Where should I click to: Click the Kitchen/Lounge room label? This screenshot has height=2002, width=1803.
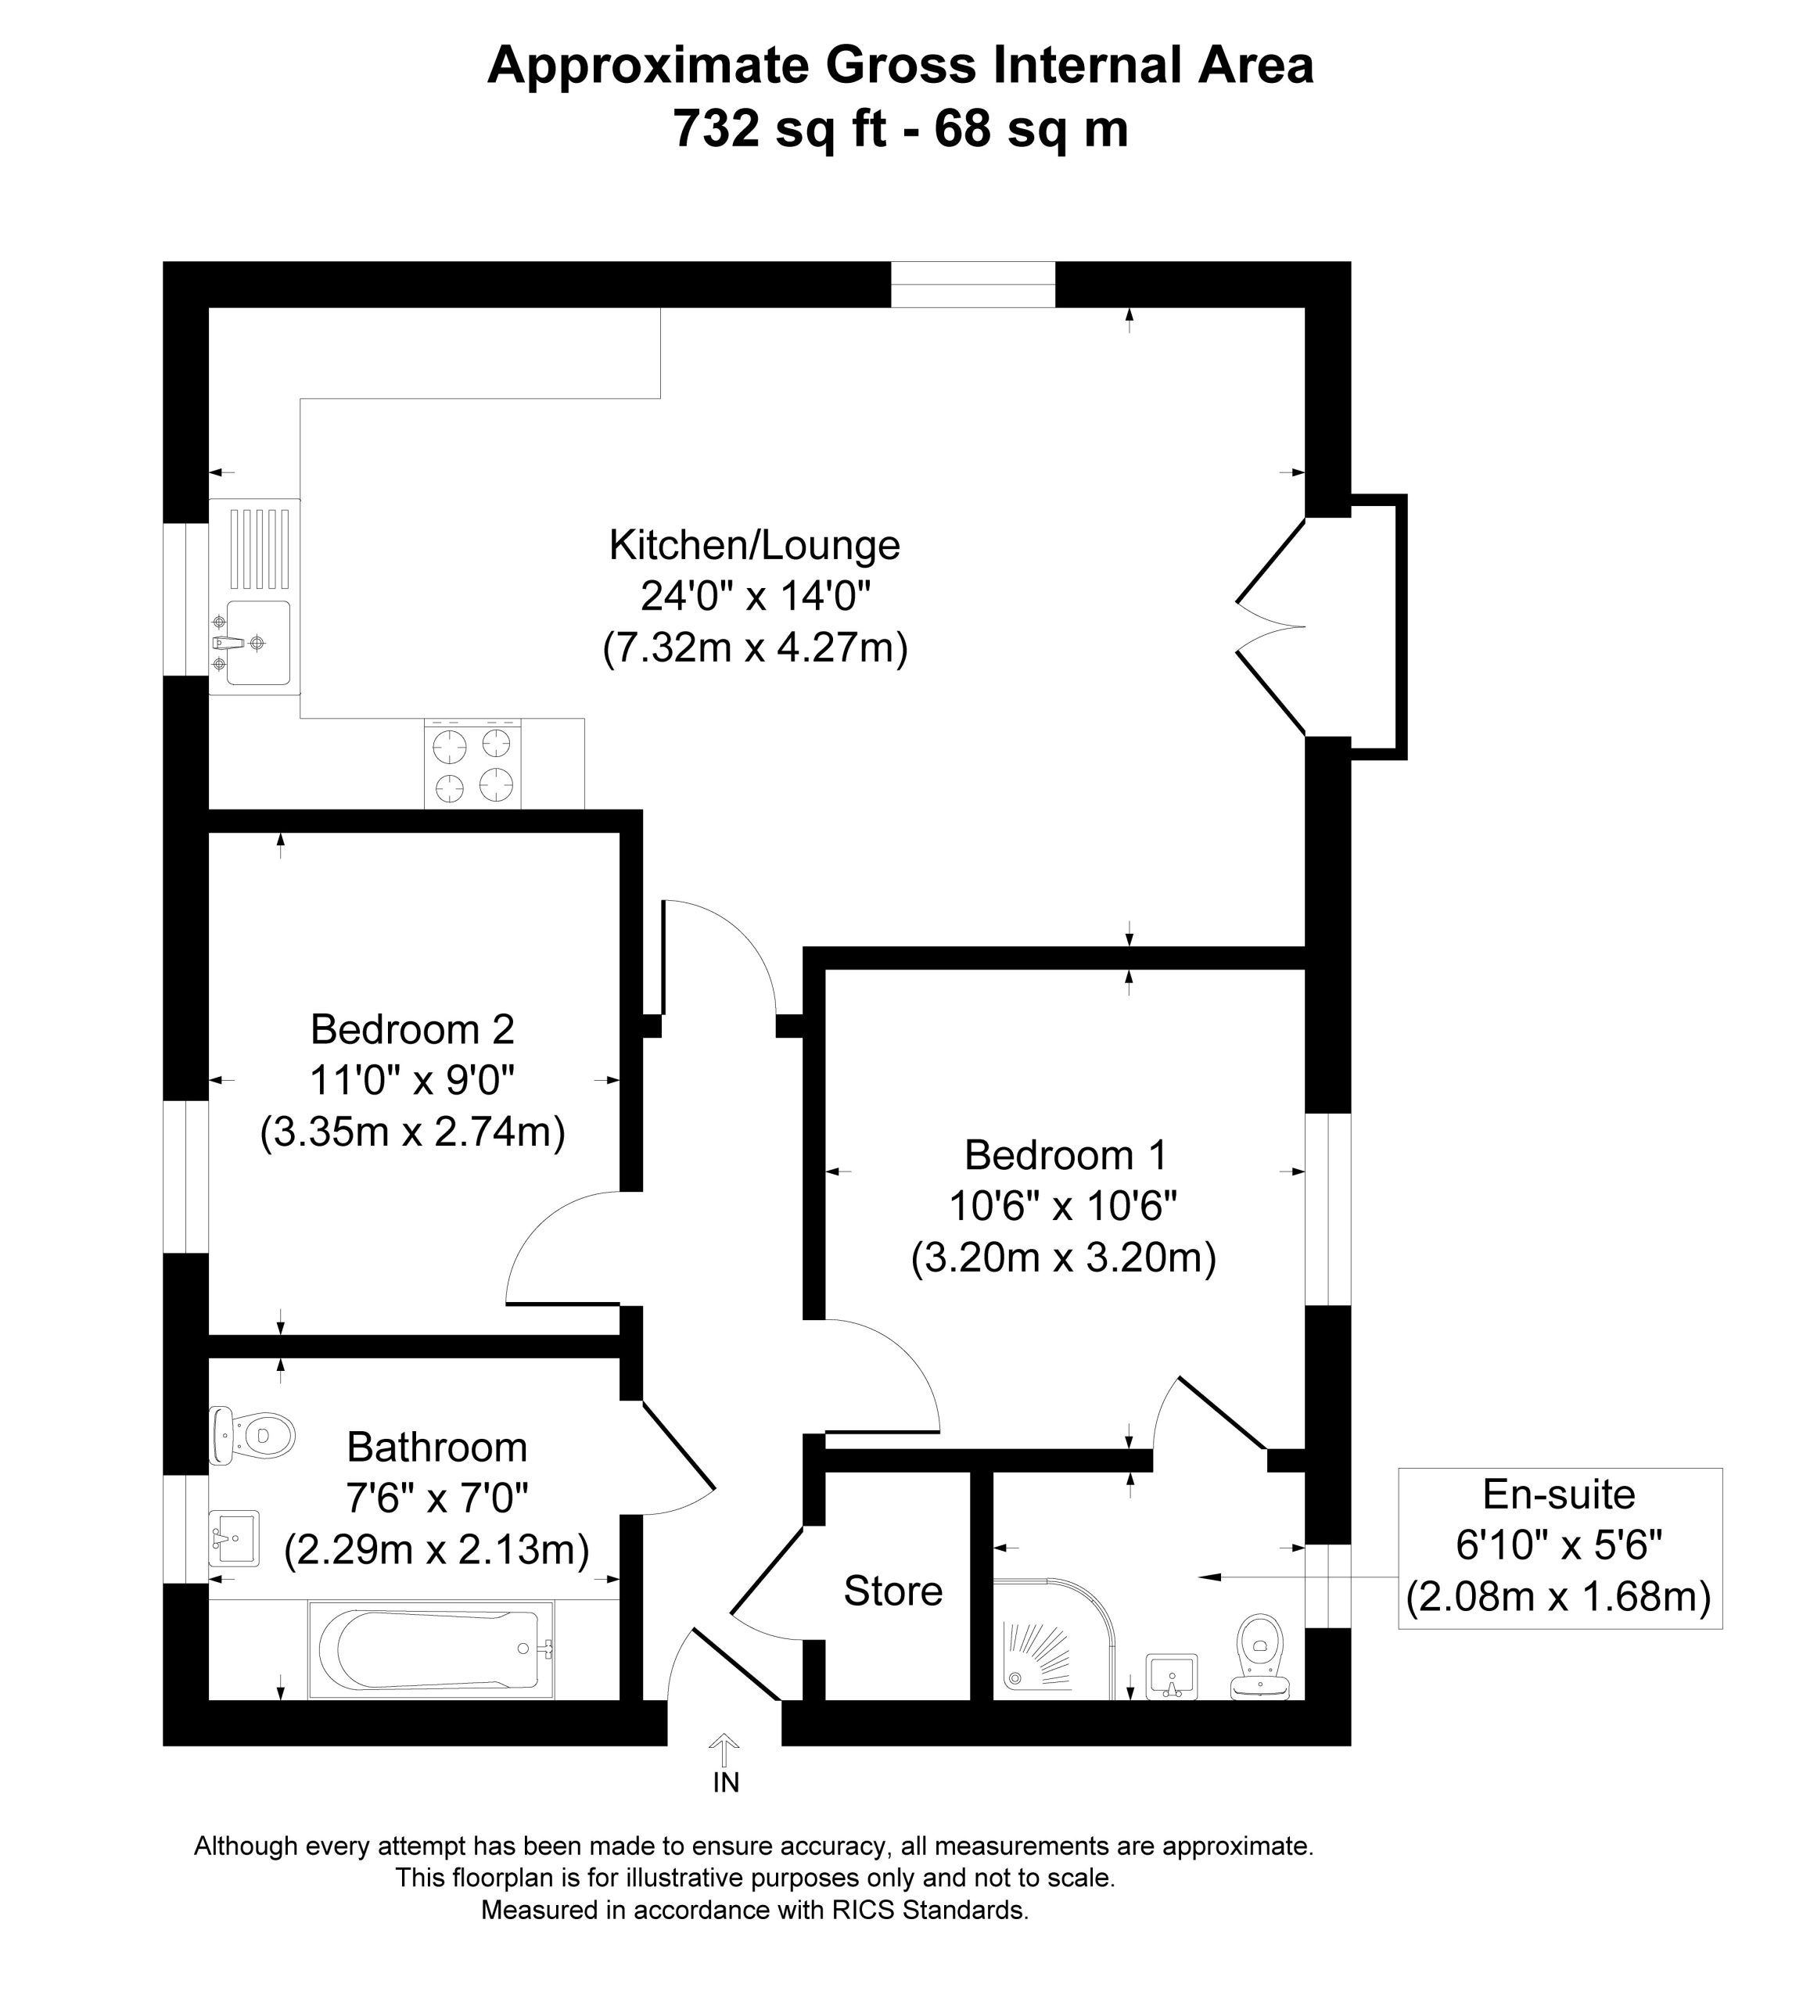(x=755, y=546)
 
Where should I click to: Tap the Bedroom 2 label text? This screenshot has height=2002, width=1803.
(x=412, y=1030)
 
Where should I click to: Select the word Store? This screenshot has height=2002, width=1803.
(x=893, y=1591)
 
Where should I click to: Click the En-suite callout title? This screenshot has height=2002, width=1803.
(x=1559, y=1494)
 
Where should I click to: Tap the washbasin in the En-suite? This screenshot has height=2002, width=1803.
(x=1172, y=1677)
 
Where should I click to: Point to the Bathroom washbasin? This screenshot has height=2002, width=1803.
(x=235, y=1538)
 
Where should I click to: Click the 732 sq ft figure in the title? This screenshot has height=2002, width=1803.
(x=780, y=129)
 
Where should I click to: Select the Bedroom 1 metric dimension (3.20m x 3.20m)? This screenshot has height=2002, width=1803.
(x=1063, y=1258)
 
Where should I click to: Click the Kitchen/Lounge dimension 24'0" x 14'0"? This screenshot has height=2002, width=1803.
(x=755, y=597)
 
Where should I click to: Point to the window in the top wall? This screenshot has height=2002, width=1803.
(x=973, y=285)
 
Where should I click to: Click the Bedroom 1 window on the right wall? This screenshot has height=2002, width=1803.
(x=1327, y=1208)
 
